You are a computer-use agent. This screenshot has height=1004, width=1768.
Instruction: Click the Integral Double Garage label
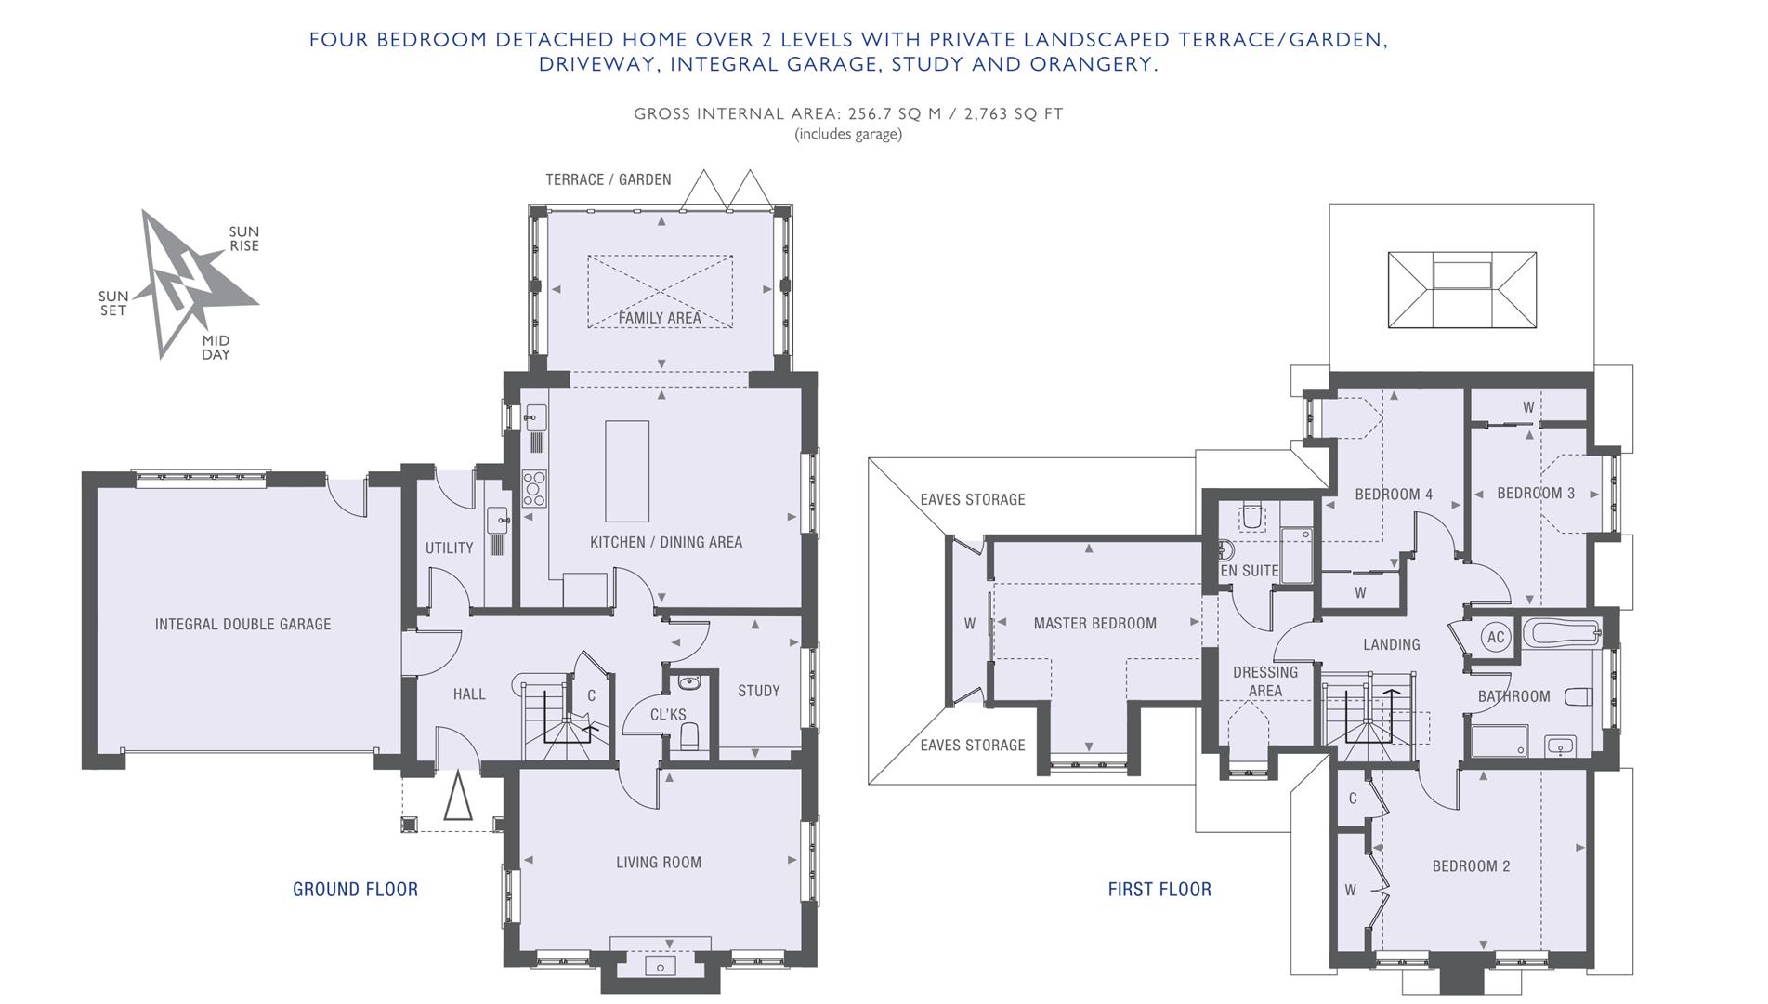point(242,625)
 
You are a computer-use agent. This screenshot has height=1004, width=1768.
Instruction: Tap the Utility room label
point(450,548)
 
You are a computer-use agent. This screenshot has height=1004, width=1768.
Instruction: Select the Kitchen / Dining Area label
point(666,542)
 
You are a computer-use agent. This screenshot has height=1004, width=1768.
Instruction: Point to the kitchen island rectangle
point(627,471)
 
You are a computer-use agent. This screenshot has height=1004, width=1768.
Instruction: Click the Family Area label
point(660,318)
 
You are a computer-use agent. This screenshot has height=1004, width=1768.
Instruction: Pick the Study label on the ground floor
point(759,691)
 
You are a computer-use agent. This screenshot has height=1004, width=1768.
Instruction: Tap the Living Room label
point(659,863)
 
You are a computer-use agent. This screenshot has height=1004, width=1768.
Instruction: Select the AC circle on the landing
point(1496,638)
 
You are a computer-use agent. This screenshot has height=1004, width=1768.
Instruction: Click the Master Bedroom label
point(1095,624)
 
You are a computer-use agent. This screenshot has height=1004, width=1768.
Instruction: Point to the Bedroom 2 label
point(1471,866)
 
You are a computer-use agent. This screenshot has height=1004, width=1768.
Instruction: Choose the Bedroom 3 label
point(1536,494)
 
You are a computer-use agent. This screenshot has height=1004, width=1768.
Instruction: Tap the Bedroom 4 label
point(1394,495)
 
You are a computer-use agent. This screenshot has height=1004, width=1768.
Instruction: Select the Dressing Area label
point(1265,681)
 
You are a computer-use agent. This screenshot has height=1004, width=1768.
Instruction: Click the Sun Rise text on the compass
point(244,239)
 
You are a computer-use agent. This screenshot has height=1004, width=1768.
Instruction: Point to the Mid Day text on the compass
point(216,348)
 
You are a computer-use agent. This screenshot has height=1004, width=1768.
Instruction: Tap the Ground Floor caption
point(355,890)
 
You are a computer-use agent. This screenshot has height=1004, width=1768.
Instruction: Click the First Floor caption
point(1159,890)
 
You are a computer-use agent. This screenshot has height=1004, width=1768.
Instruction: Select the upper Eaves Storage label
point(973,500)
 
